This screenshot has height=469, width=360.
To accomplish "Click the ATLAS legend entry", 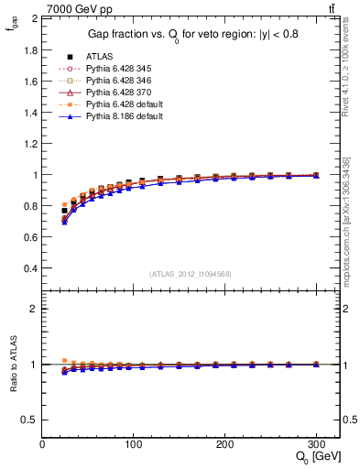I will tap(98, 57).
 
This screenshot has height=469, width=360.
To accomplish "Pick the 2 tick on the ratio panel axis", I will tap(34, 309).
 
